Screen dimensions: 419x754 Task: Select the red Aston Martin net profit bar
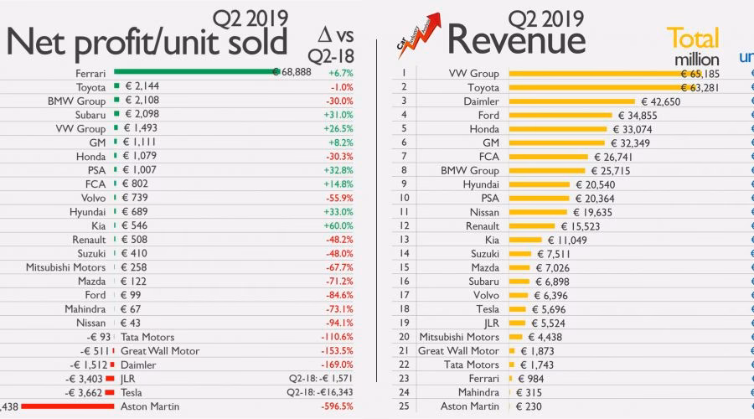[x=67, y=406]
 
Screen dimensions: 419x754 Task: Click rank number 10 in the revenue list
[x=404, y=198]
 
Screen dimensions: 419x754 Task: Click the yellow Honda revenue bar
[x=557, y=129]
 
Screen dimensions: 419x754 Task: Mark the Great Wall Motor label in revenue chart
[x=458, y=350]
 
